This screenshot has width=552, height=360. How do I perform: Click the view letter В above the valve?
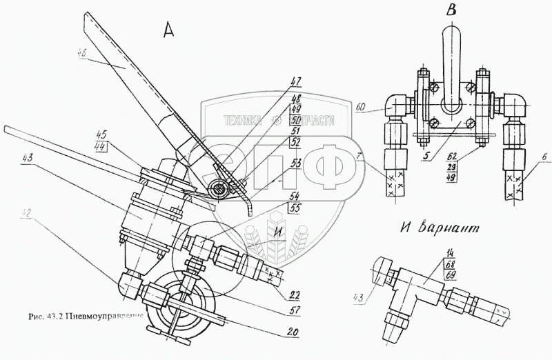click(x=451, y=10)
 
